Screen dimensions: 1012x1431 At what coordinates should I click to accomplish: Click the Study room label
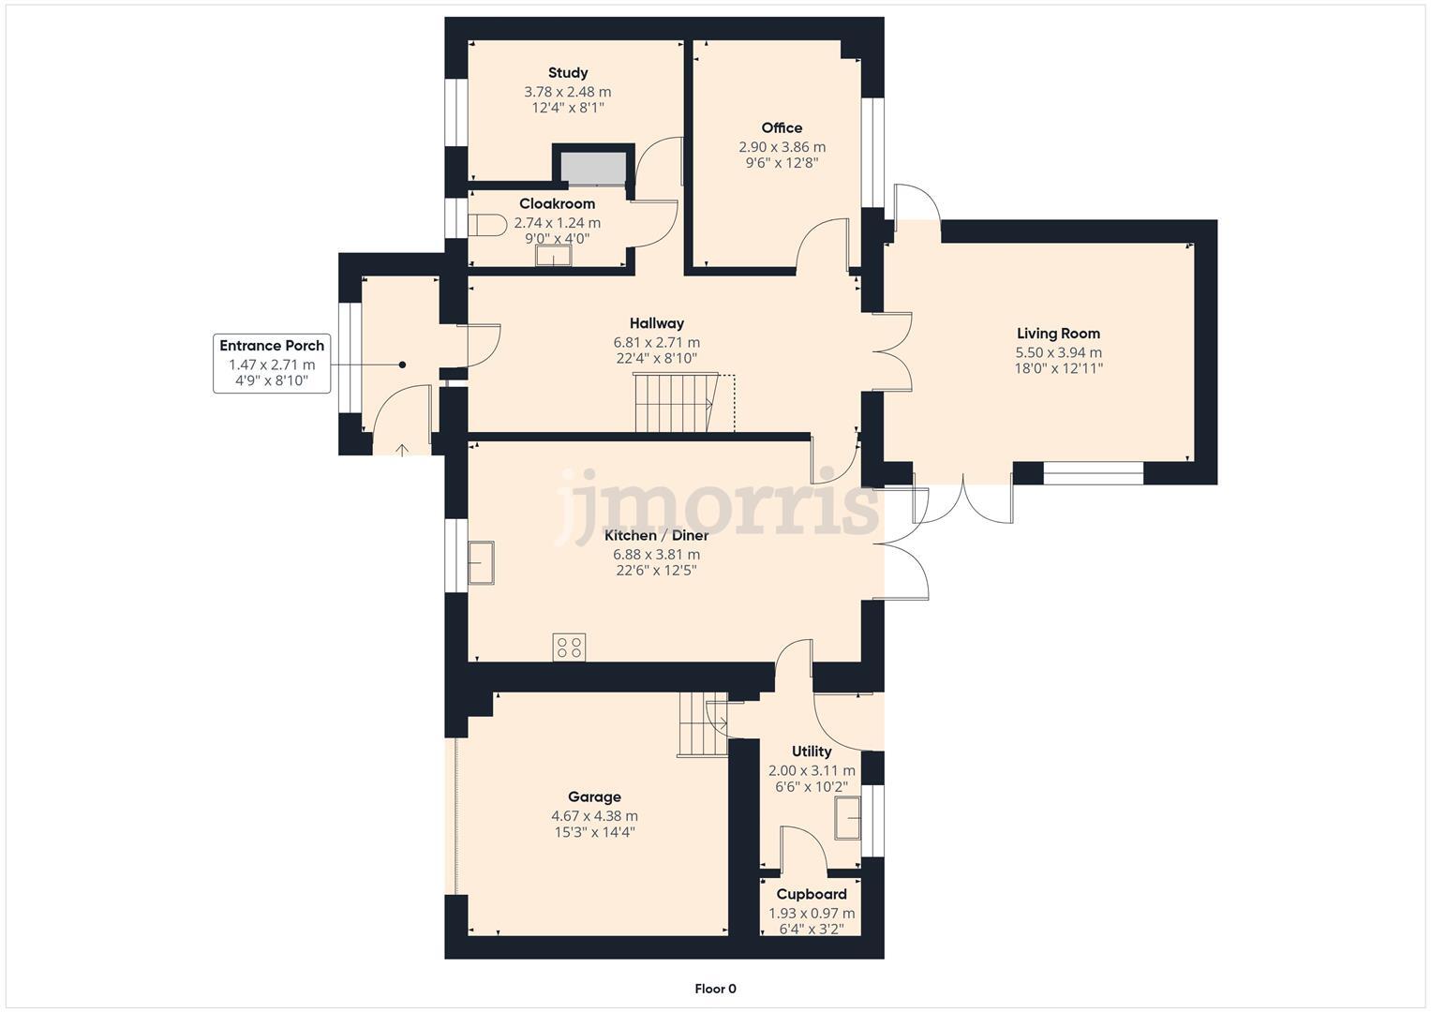(x=568, y=73)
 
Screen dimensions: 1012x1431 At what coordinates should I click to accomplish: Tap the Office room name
(x=782, y=128)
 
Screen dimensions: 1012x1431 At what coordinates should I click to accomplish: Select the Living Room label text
(x=1058, y=334)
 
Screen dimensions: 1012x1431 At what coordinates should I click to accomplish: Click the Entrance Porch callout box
(x=272, y=363)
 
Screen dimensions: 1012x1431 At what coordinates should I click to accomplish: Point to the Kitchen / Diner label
(x=656, y=536)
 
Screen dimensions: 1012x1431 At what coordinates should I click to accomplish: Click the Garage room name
(x=594, y=797)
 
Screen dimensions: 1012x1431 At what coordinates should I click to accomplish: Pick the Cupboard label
(x=812, y=895)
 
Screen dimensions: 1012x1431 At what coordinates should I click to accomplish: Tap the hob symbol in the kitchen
(x=570, y=647)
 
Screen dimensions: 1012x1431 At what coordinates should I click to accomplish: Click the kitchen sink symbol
(x=482, y=563)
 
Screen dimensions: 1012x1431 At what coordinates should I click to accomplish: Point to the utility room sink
(x=848, y=818)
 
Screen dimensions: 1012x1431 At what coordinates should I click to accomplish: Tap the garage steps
(x=703, y=724)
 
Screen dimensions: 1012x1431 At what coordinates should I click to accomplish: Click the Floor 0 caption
(x=715, y=989)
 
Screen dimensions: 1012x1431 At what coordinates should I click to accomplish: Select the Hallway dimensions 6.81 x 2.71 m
(x=656, y=343)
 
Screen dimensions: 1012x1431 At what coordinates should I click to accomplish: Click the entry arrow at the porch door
(x=402, y=451)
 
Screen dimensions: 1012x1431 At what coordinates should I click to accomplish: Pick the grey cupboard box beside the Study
(x=593, y=167)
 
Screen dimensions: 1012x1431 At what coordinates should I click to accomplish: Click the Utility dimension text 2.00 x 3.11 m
(x=812, y=771)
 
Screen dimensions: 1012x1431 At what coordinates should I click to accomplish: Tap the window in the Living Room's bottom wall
(x=1094, y=473)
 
